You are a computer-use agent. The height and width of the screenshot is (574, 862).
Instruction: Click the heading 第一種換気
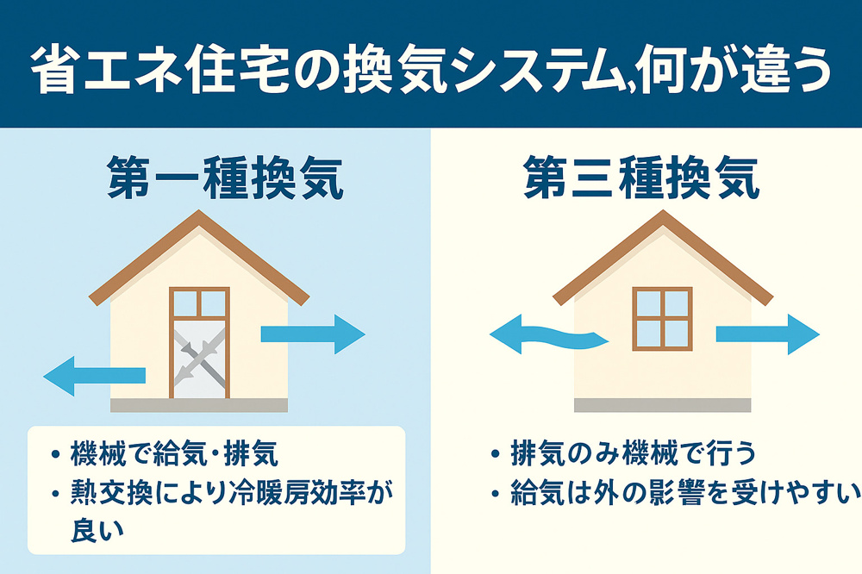[226, 179]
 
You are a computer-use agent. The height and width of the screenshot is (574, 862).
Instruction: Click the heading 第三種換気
[642, 179]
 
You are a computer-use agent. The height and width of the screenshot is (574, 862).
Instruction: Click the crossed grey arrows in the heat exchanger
[200, 358]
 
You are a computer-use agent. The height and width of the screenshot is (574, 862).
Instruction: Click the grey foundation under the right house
[662, 405]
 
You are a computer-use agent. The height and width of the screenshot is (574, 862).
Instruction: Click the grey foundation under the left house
[199, 405]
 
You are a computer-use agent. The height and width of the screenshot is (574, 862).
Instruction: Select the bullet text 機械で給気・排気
[177, 454]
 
